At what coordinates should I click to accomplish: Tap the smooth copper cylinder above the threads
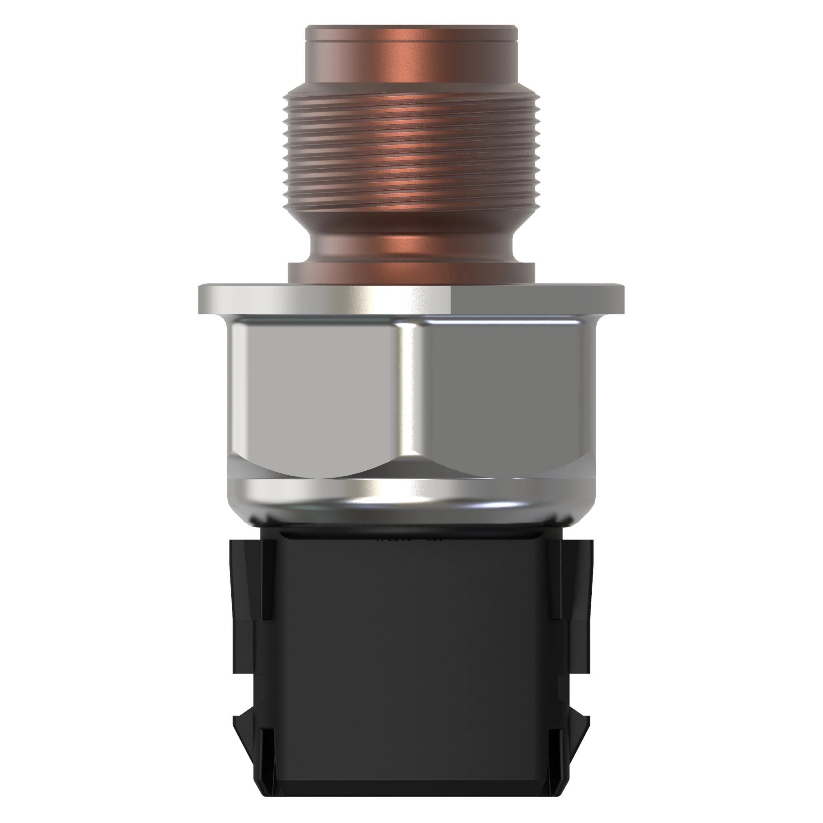tap(411, 64)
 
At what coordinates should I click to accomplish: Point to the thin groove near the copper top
tap(411, 41)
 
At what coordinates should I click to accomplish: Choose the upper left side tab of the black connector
tap(251, 579)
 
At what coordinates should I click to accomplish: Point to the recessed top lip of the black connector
tap(411, 535)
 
